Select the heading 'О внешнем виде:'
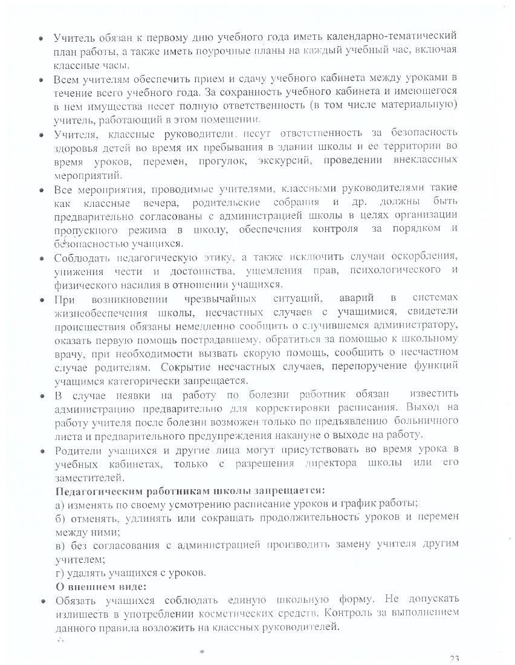click(x=101, y=586)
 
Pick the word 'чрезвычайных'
click(x=222, y=299)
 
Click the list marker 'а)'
click(x=60, y=504)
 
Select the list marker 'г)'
click(x=59, y=573)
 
